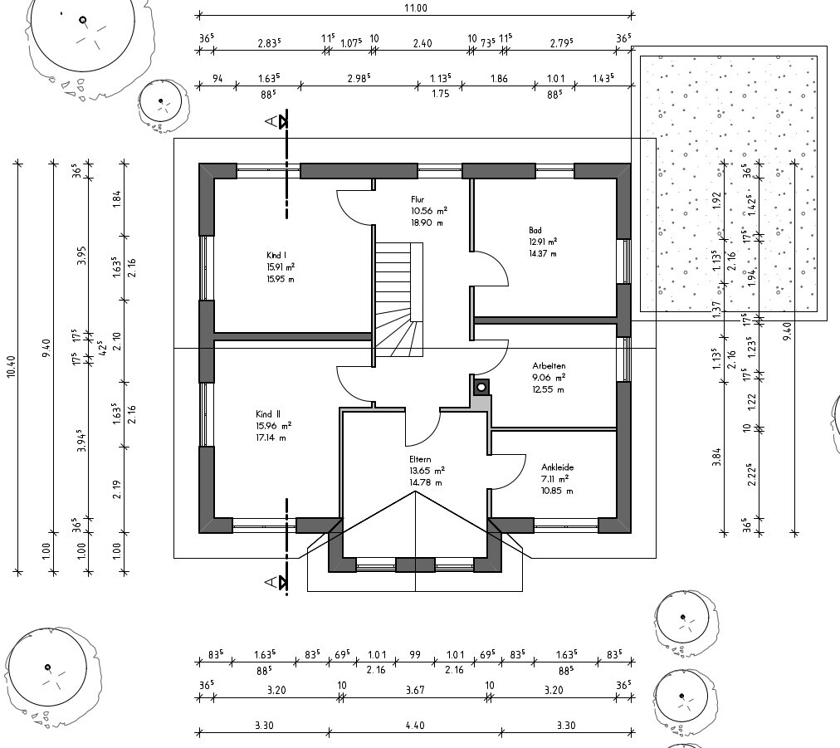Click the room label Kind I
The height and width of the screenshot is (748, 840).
coord(276,256)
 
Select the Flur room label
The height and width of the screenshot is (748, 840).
coord(418,200)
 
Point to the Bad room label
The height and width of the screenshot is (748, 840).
coord(535,231)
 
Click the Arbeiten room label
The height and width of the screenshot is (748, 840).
coord(549,365)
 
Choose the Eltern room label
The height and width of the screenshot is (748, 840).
coord(420,459)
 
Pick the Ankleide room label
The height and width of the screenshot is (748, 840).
coord(557,467)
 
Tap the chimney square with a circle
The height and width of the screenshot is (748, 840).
coord(481,387)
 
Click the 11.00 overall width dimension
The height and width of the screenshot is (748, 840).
coord(415,7)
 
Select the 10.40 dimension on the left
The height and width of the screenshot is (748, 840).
coord(11,366)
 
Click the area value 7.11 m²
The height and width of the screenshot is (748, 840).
coord(556,479)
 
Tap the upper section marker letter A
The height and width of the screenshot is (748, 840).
coord(271,122)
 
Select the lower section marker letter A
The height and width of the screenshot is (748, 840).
coord(271,584)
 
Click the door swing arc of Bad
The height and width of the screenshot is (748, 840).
coord(494,267)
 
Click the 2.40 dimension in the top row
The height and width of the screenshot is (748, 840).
coord(422,43)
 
